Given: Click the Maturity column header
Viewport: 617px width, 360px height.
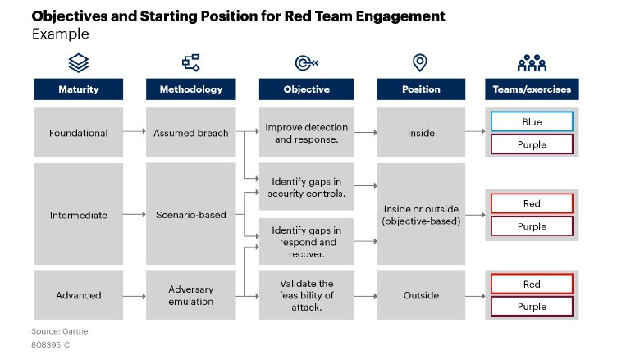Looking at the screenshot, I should coord(79,89).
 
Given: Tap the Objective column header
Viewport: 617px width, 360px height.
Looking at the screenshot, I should coord(307,89).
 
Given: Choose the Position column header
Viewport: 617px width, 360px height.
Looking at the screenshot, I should coord(421,89).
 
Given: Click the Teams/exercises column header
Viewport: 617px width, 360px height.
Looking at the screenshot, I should coord(532,89).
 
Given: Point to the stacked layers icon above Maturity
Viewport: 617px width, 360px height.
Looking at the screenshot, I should coord(79,63).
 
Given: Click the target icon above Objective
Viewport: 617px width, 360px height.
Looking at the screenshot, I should coord(307,63).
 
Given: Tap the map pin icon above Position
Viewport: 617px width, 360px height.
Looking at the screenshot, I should coord(421,63).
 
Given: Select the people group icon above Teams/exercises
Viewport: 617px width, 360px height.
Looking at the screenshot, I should coord(532,63).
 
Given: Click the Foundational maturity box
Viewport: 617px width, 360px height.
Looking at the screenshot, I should coord(79,133).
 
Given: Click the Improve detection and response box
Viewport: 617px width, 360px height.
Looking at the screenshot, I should coord(307,133).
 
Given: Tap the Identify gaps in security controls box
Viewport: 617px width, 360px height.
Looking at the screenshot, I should coord(307,187).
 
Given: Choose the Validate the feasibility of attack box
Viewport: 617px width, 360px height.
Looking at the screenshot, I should coord(307,295).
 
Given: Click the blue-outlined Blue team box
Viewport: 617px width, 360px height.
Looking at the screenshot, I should coord(532,121).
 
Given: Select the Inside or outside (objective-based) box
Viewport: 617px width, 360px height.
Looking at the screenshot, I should coord(421,215).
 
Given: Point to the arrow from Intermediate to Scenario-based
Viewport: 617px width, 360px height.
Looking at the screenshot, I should coord(134,215).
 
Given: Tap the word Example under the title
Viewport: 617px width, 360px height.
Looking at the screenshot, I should coord(60,34).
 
